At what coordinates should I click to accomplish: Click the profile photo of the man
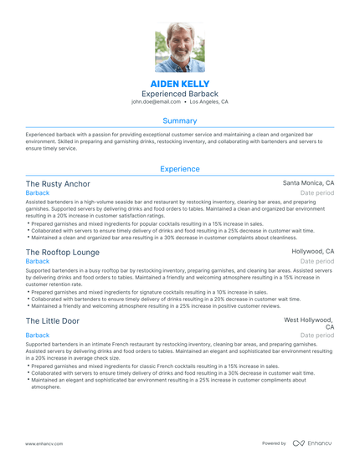tap(180, 48)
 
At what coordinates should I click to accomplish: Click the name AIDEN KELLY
tap(180, 84)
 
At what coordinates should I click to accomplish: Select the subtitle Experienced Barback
tap(180, 95)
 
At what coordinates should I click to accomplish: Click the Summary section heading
tap(180, 121)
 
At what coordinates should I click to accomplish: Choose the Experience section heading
tap(180, 169)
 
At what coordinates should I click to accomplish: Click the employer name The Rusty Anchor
tap(58, 183)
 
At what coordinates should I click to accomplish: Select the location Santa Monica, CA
tap(308, 182)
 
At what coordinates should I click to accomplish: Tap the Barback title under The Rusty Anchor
tap(38, 192)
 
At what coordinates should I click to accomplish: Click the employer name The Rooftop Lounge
tap(62, 252)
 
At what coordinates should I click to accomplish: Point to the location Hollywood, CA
tap(313, 251)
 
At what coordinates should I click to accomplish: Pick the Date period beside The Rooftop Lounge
tap(317, 261)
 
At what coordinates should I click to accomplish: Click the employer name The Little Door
tap(53, 320)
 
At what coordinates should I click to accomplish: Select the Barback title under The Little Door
tap(38, 335)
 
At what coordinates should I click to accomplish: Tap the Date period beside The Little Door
tap(317, 335)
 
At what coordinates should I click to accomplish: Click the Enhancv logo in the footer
tap(311, 443)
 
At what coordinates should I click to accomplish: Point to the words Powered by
tap(274, 443)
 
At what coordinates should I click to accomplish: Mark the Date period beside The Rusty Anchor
tap(317, 192)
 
